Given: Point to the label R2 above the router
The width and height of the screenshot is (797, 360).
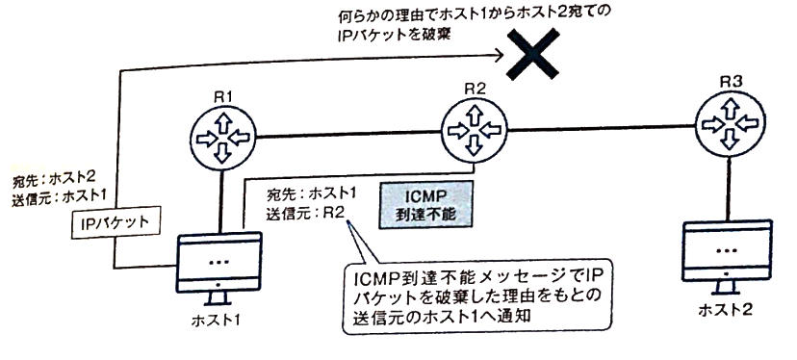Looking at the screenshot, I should (475, 89).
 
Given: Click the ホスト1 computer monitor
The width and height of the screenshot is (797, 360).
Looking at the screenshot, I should (220, 266).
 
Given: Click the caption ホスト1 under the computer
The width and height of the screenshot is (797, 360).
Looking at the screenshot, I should (219, 319).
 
